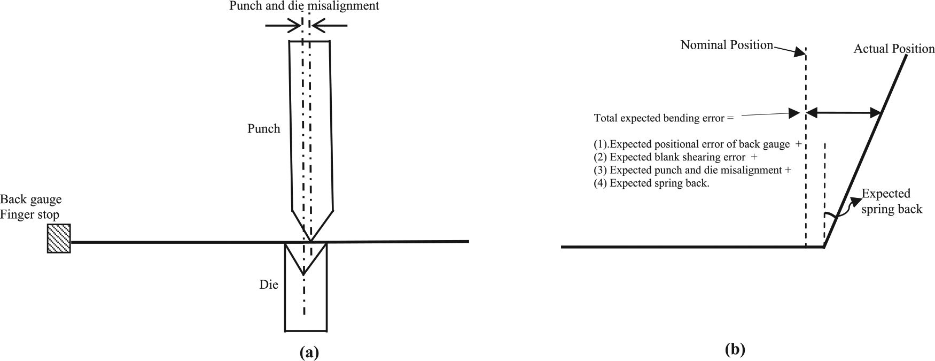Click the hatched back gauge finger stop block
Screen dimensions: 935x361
coord(59,239)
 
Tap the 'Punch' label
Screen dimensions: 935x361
coord(263,129)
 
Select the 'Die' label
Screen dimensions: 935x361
coord(269,285)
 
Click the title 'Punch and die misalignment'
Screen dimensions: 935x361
coord(304,6)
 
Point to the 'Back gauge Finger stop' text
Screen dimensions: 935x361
coord(31,208)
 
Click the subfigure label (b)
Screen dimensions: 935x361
coord(735,350)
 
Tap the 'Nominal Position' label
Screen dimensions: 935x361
coord(727,45)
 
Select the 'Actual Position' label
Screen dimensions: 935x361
coord(894,49)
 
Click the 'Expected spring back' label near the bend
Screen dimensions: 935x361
coord(892,201)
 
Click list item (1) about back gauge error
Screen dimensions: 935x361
coord(698,144)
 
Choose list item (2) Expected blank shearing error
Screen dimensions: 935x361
coord(675,158)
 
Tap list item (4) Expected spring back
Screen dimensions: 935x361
coord(652,183)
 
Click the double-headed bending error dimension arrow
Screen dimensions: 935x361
coord(843,112)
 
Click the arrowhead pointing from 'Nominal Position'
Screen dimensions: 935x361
coord(800,52)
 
